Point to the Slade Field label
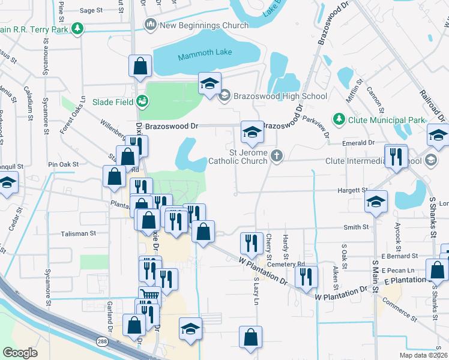pyautogui.click(x=113, y=102)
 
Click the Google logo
pyautogui.click(x=20, y=353)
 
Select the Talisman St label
pyautogui.click(x=78, y=233)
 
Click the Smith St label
pyautogui.click(x=356, y=227)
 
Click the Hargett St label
pyautogui.click(x=357, y=190)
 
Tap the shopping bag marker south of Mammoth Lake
pyautogui.click(x=139, y=66)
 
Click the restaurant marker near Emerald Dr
pyautogui.click(x=396, y=157)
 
